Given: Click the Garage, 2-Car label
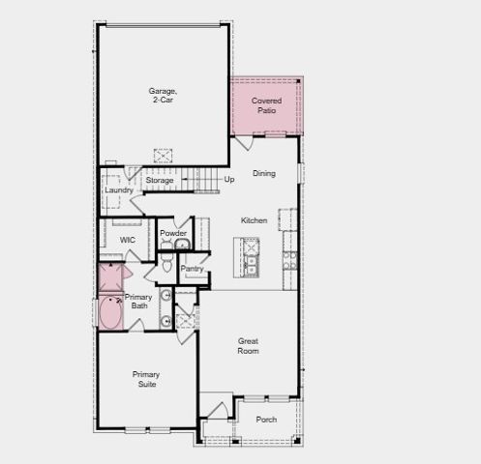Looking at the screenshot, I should click(163, 96).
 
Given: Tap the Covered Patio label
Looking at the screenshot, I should click(265, 105).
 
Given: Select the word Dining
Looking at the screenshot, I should click(263, 174).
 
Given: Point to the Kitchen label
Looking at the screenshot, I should click(254, 220).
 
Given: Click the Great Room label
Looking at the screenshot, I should click(249, 345).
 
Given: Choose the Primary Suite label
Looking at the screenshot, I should click(146, 379).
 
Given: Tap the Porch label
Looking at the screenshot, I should click(266, 420).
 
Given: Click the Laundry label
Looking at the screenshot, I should click(118, 190).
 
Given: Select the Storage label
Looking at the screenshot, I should click(160, 181).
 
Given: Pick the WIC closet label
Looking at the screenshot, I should click(127, 239).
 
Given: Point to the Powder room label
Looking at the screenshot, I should click(173, 233).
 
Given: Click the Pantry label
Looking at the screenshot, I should click(191, 268).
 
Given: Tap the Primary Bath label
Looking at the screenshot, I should click(137, 301).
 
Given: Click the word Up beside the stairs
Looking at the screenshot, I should click(229, 180).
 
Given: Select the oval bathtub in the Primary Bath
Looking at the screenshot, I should click(110, 313).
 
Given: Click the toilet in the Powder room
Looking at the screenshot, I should click(166, 264).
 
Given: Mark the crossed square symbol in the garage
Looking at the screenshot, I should click(163, 155).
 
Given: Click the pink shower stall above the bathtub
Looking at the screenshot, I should click(110, 277).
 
